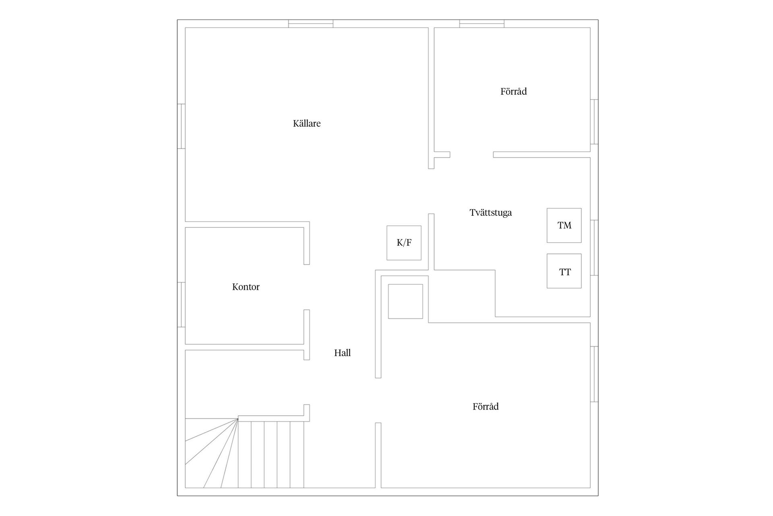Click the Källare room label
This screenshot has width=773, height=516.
point(307,123)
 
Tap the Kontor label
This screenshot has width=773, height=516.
point(246,287)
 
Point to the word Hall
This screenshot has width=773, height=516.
point(342,353)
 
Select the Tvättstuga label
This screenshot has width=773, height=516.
point(490,212)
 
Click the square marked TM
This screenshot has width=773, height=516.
point(564,225)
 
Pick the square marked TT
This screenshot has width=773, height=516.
point(564,271)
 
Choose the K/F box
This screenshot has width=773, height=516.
point(404,243)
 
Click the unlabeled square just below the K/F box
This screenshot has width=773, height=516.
point(405,301)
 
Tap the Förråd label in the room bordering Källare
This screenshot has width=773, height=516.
point(513,92)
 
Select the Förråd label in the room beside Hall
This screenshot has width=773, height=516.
point(486,406)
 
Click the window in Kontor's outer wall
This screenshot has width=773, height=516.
point(181,304)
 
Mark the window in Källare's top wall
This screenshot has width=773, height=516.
point(311,24)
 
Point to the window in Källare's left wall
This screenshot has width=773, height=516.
point(181,126)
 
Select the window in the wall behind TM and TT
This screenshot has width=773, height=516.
point(594,248)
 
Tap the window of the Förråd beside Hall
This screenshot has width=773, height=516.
point(594,374)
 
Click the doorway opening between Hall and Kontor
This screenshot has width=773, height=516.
point(306,287)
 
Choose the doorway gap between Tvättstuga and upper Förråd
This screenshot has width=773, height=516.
point(471,154)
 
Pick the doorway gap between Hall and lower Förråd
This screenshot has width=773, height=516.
point(378,400)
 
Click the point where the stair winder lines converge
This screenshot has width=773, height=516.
point(238,419)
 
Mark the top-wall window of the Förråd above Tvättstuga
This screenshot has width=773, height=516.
point(482,24)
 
